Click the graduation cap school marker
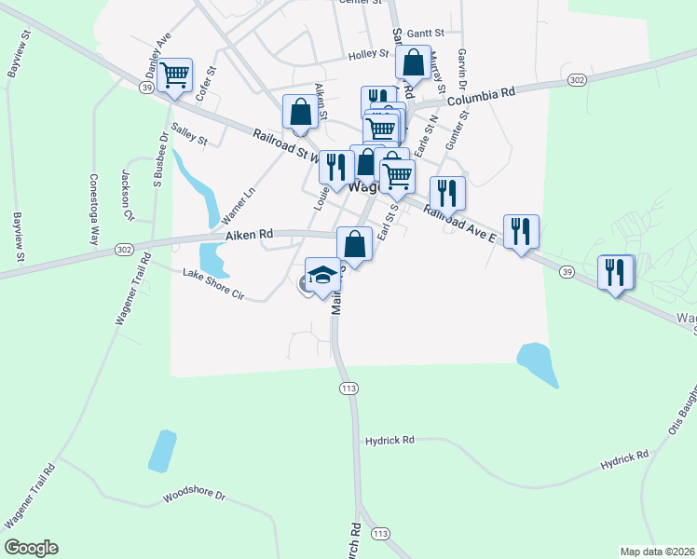[x=323, y=276]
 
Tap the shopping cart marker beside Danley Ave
[x=175, y=74]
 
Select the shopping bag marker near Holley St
[x=413, y=62]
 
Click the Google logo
[x=31, y=548]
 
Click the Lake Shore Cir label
[x=212, y=284]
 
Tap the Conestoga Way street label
[x=94, y=209]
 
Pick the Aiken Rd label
[x=248, y=235]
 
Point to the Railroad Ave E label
[x=461, y=225]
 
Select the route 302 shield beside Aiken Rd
[x=123, y=251]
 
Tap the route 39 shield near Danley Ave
[x=147, y=87]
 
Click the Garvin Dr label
[x=461, y=66]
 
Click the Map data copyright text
[x=657, y=551]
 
